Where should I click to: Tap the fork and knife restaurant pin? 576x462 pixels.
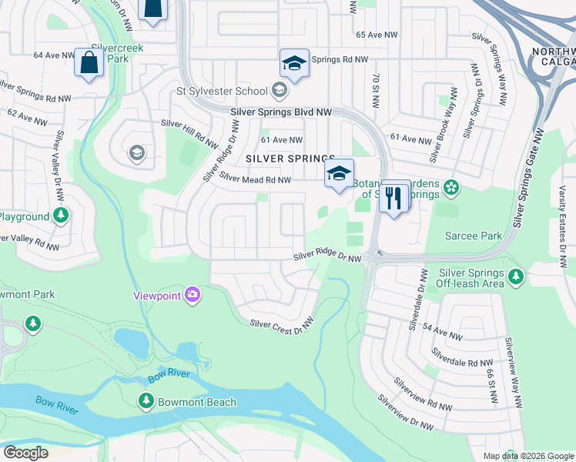pyautogui.click(x=394, y=197)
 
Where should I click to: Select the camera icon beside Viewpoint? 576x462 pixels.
pyautogui.click(x=192, y=294)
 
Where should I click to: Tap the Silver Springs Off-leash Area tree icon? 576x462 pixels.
pyautogui.click(x=515, y=275)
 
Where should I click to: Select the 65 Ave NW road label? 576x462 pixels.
pyautogui.click(x=377, y=35)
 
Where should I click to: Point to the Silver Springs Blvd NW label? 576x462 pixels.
pyautogui.click(x=281, y=112)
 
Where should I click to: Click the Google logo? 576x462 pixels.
pyautogui.click(x=25, y=453)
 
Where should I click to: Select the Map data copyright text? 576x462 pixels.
pyautogui.click(x=527, y=456)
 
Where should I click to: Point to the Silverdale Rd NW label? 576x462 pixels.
pyautogui.click(x=462, y=358)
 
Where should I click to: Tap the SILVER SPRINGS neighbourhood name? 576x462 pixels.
pyautogui.click(x=290, y=158)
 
